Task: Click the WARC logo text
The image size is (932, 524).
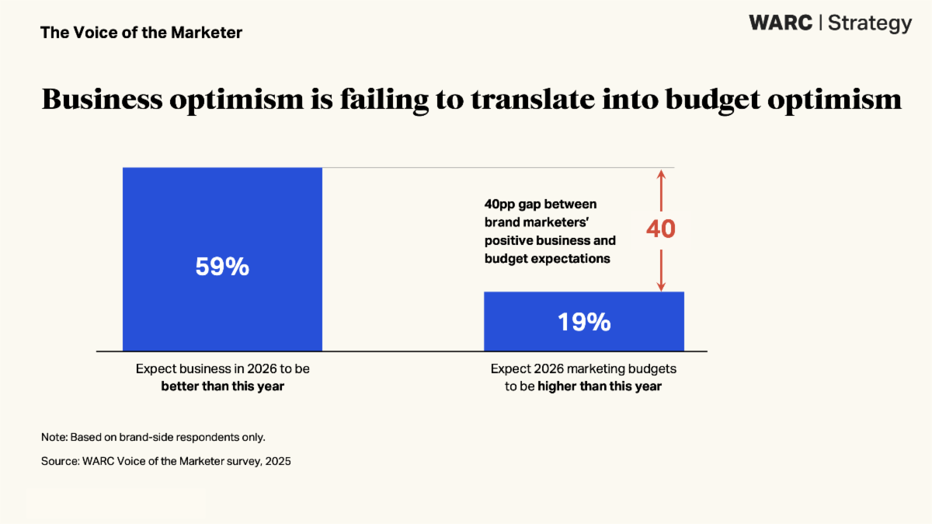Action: click(781, 23)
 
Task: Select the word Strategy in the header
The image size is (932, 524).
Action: click(870, 23)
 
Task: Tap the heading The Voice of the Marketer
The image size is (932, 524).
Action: click(141, 33)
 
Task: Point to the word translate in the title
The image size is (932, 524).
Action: click(565, 100)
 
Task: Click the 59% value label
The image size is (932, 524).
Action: click(222, 267)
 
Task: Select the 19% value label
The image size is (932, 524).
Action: click(584, 322)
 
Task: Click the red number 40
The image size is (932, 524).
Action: click(661, 229)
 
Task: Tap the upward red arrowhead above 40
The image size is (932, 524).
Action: click(661, 175)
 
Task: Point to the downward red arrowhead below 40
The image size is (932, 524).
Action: click(661, 285)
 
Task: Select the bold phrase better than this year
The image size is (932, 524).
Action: click(223, 386)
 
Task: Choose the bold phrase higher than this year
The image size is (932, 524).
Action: click(600, 386)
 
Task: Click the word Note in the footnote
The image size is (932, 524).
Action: click(54, 437)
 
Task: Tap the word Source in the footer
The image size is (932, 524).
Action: click(59, 461)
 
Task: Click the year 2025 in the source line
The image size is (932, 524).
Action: click(277, 461)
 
